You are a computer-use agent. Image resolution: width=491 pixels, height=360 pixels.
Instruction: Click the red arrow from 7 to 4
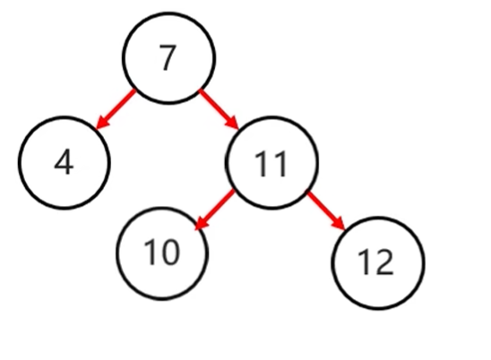pyautogui.click(x=116, y=109)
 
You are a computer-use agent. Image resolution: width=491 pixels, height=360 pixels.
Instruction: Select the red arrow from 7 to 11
pyautogui.click(x=220, y=109)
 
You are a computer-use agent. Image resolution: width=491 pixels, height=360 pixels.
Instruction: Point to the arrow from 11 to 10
pyautogui.click(x=215, y=210)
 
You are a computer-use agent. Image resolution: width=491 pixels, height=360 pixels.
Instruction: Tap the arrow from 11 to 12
pyautogui.click(x=326, y=211)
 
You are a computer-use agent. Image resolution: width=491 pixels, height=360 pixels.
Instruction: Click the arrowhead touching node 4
pyautogui.click(x=101, y=123)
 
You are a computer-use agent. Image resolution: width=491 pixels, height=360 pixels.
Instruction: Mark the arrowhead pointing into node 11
pyautogui.click(x=234, y=123)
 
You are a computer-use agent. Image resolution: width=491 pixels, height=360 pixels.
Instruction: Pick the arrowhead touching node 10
pyautogui.click(x=201, y=224)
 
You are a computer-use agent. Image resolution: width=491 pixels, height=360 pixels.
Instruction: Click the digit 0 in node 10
pyautogui.click(x=171, y=253)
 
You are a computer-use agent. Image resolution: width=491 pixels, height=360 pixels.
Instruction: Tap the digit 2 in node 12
pyautogui.click(x=384, y=262)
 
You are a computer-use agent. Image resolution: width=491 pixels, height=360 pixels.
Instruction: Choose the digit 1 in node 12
pyautogui.click(x=364, y=262)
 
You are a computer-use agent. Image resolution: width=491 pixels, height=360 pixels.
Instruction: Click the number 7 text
pyautogui.click(x=168, y=57)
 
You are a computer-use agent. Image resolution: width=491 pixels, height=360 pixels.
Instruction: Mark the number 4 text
pyautogui.click(x=64, y=161)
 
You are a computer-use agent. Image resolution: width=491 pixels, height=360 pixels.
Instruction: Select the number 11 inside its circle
pyautogui.click(x=271, y=164)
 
